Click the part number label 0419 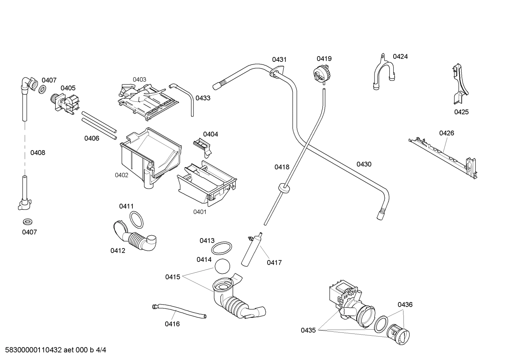(324, 59)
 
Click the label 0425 (461, 112)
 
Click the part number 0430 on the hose (364, 164)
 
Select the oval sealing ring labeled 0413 (222, 248)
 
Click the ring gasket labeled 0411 (137, 220)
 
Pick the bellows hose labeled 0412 (136, 238)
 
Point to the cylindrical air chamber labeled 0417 (252, 250)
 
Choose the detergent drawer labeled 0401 (206, 184)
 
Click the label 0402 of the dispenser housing (121, 175)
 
